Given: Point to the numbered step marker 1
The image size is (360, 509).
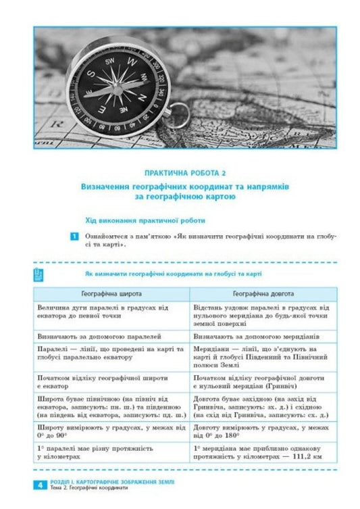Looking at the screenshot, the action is [74, 236].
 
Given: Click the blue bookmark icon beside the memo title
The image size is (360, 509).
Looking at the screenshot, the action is [38, 273].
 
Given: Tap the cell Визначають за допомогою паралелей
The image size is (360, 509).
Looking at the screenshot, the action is [100, 335].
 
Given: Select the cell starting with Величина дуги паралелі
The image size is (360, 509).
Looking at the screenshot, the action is [111, 312].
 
